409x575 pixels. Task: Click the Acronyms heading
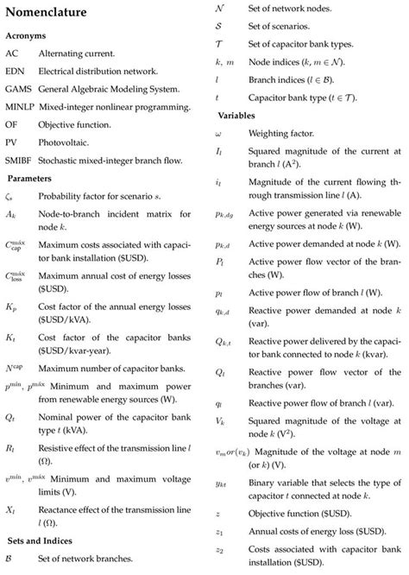pos(26,37)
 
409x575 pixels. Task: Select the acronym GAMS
pos(18,90)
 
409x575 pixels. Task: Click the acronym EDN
pos(15,72)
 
